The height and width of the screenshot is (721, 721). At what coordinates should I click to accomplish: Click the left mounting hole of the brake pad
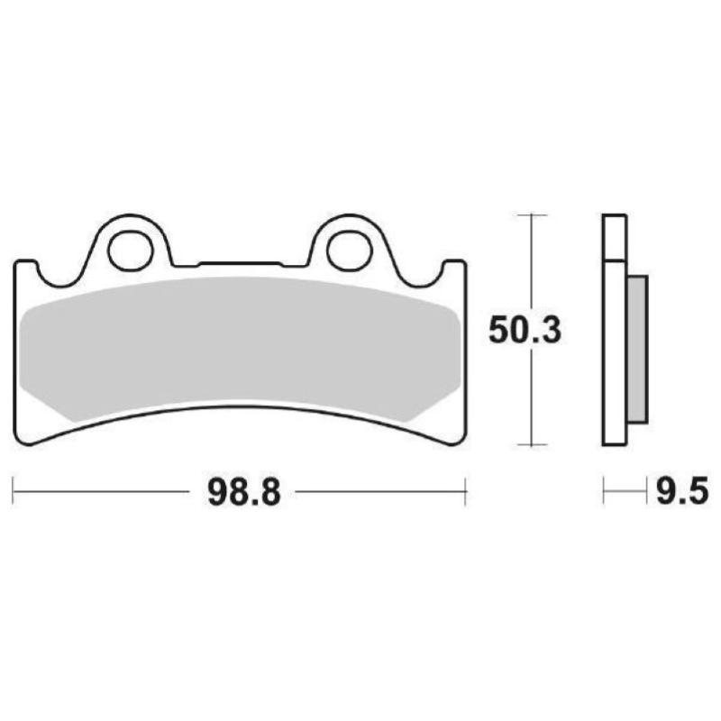click(x=129, y=250)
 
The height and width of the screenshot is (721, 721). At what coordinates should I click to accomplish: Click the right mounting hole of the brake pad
click(x=348, y=250)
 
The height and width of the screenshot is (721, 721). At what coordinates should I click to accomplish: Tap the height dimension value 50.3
click(x=525, y=331)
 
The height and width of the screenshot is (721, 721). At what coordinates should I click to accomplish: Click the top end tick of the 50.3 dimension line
click(x=535, y=215)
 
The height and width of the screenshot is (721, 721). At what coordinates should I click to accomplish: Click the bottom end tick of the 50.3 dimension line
click(x=535, y=445)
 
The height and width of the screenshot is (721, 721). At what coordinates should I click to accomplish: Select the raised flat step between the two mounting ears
click(x=240, y=263)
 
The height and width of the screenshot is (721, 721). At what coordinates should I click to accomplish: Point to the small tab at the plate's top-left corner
click(x=27, y=268)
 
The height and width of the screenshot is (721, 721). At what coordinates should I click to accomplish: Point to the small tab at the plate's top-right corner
click(x=455, y=268)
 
